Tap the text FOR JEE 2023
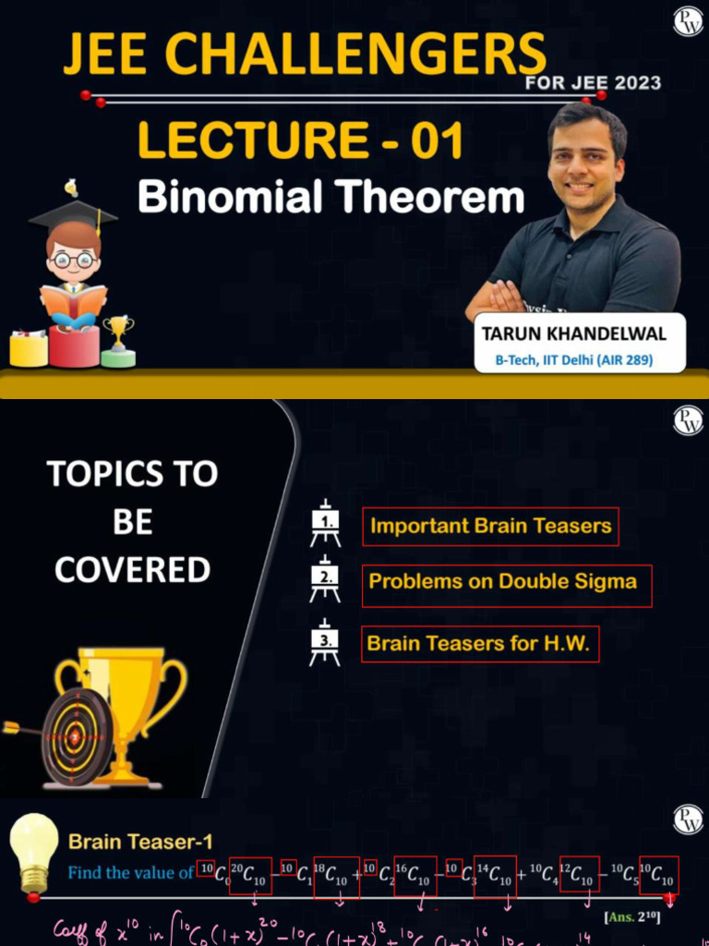click(x=593, y=82)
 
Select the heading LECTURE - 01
click(x=300, y=141)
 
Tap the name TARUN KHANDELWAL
click(x=573, y=334)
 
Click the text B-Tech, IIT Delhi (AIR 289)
click(x=580, y=360)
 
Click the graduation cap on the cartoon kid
click(x=73, y=213)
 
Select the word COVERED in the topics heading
click(x=132, y=570)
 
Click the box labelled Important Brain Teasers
click(x=490, y=527)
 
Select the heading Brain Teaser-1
click(x=140, y=842)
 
